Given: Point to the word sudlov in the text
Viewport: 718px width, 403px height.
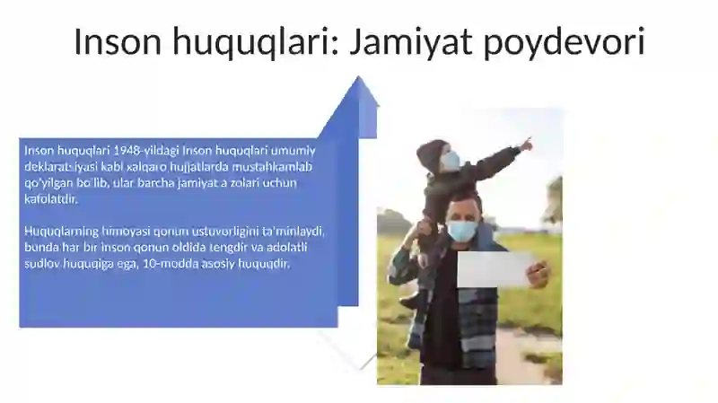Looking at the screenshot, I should [x=41, y=264].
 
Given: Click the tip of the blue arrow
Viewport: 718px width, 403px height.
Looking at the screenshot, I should [x=361, y=79].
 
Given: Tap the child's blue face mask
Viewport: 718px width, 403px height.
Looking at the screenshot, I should [x=451, y=162].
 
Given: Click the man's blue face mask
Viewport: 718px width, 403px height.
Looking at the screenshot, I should [x=462, y=231].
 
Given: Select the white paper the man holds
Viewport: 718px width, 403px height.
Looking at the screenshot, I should [x=495, y=268].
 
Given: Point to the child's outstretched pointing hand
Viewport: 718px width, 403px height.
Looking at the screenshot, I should [x=526, y=144].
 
